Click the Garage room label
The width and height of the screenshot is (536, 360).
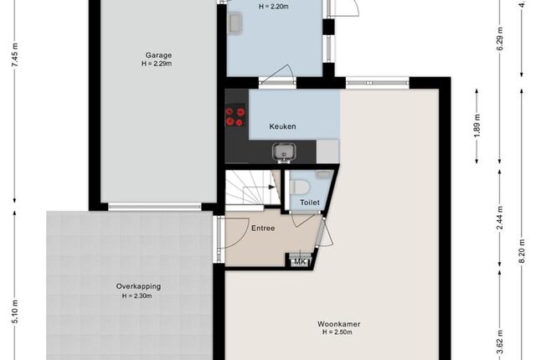tap(158, 55)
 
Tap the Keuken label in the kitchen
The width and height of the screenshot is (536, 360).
tap(282, 126)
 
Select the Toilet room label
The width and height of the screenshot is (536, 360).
tap(310, 203)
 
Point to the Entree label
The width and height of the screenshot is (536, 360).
tap(263, 229)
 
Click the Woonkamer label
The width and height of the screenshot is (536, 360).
tap(338, 324)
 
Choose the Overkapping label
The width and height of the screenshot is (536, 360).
tap(138, 286)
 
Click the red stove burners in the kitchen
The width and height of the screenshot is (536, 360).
tap(235, 116)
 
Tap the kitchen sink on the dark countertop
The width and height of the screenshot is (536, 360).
tap(284, 152)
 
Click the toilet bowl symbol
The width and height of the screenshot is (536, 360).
tap(300, 187)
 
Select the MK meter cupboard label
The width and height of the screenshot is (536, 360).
tap(300, 262)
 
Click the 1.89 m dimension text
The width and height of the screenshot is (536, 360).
tap(477, 126)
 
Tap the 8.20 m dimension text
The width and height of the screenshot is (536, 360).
tap(522, 251)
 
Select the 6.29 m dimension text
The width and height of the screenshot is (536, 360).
tap(500, 39)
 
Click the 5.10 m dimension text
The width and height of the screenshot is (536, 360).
tap(15, 311)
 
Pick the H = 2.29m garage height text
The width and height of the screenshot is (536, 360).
tap(157, 64)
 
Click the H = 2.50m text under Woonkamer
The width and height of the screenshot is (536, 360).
tap(338, 332)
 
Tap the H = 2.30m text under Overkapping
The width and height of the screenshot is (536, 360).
tap(137, 296)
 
